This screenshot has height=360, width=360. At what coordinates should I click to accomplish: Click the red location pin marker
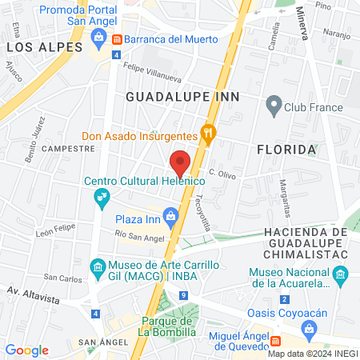180,162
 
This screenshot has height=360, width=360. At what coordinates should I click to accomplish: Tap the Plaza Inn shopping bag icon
170,215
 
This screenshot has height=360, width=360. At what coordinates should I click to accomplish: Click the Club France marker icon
274,104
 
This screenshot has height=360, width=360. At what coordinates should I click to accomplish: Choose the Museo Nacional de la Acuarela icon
339,276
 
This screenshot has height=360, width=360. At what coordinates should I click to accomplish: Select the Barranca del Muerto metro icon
117,38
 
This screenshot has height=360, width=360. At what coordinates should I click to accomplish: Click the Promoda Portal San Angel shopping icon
99,35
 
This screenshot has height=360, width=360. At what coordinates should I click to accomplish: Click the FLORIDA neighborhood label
308,150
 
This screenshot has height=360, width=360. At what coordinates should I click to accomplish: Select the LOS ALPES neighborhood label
45,47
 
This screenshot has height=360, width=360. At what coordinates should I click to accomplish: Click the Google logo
26,350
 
